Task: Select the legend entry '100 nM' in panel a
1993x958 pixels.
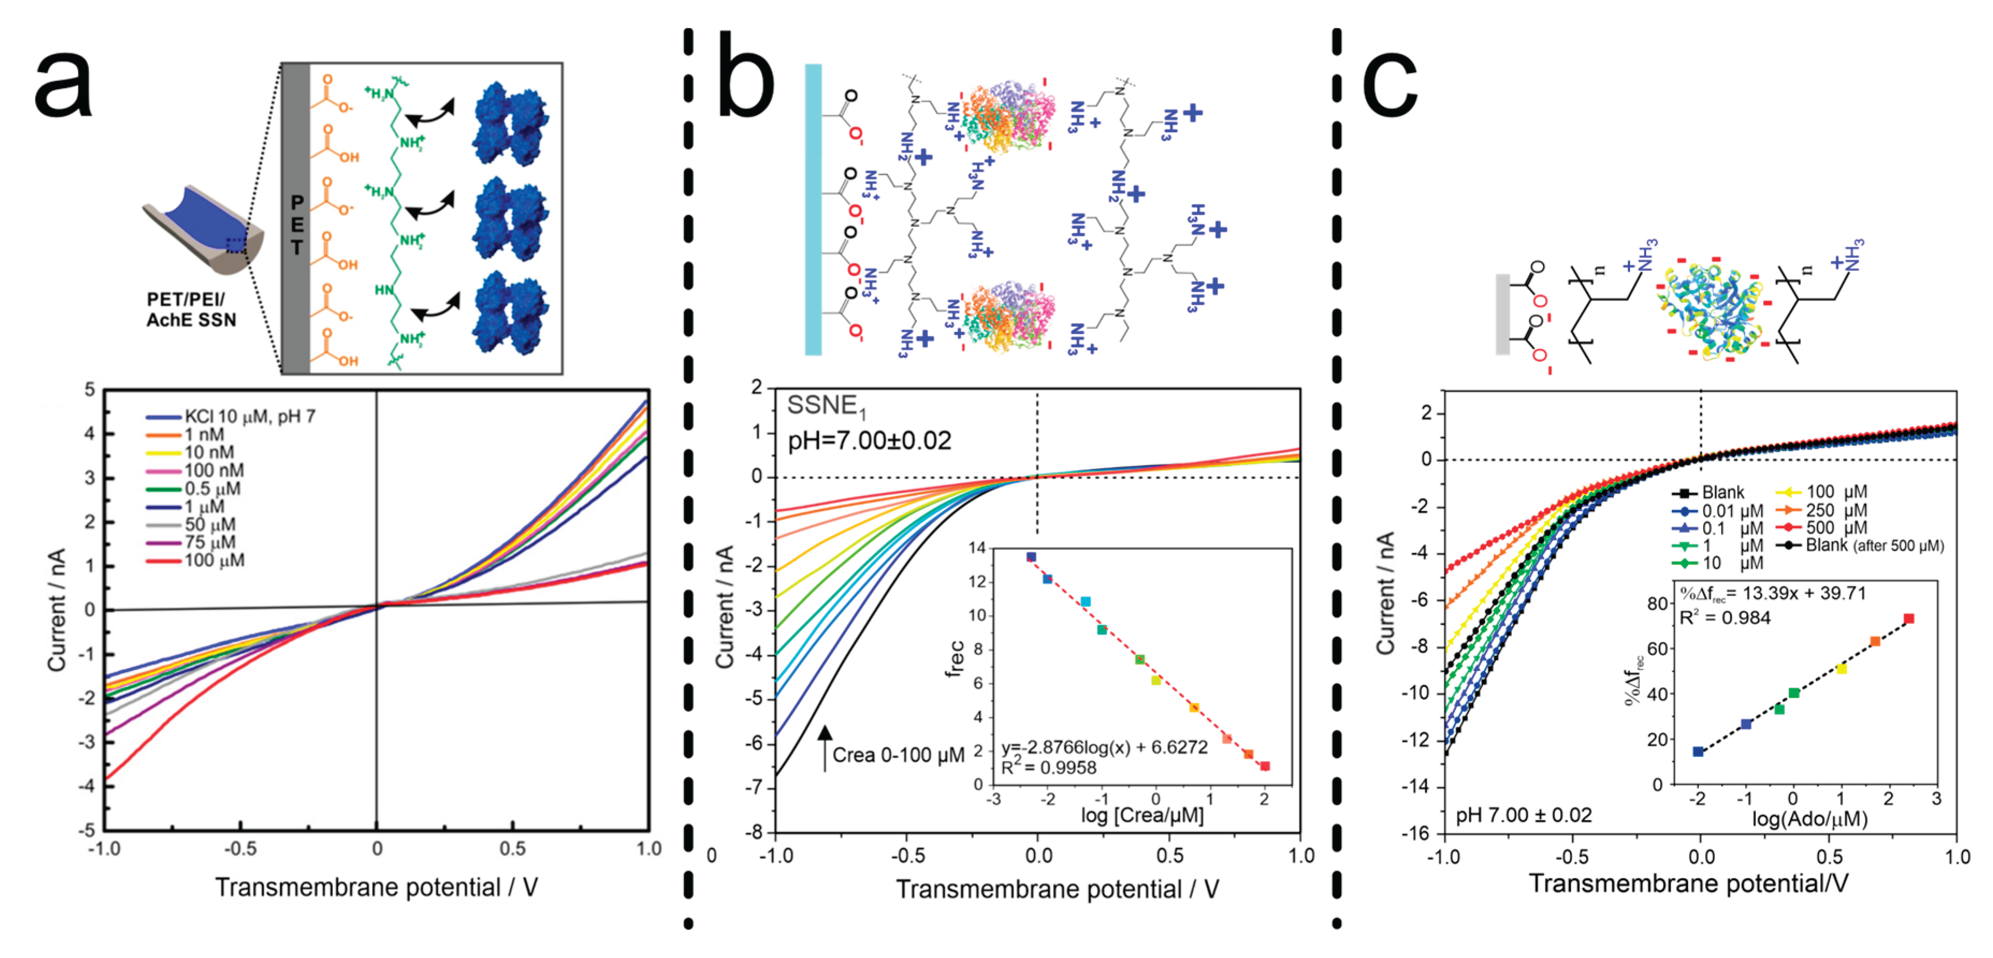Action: point(214,470)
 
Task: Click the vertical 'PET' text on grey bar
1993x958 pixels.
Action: point(296,225)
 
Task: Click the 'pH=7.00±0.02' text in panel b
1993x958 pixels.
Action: point(869,441)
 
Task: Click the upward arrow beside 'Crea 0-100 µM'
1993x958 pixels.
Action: point(825,747)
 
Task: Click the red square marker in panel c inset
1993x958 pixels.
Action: point(1909,618)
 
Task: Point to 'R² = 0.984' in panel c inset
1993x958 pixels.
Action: point(1725,618)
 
